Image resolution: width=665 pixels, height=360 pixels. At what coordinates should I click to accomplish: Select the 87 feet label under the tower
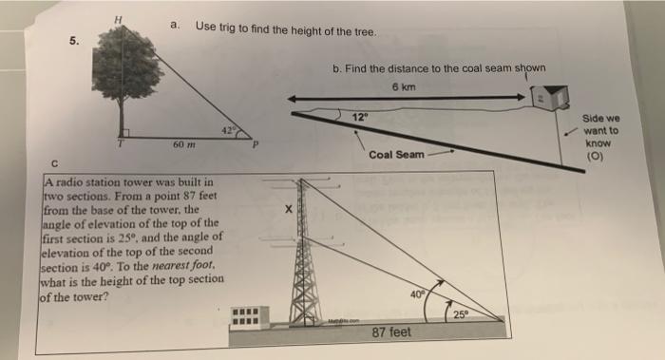[391, 332]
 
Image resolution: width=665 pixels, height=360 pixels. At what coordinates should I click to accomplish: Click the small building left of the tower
[250, 317]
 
